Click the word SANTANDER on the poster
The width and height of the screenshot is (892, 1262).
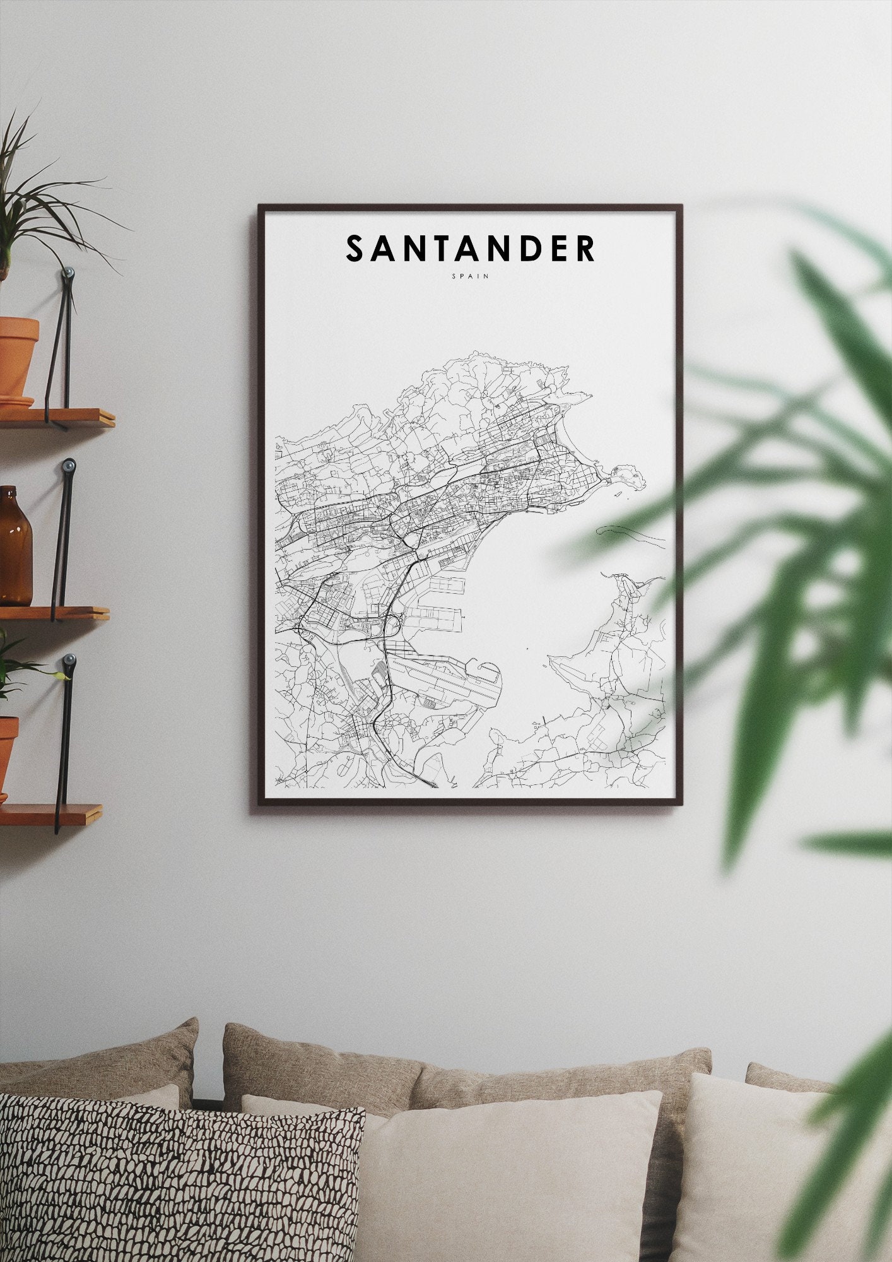pyautogui.click(x=470, y=249)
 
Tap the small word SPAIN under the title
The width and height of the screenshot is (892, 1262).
pyautogui.click(x=470, y=276)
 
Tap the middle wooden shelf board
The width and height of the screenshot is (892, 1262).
pyautogui.click(x=54, y=613)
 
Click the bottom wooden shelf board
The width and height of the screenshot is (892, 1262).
pyautogui.click(x=50, y=813)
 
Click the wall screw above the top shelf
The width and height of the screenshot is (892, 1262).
pyautogui.click(x=68, y=273)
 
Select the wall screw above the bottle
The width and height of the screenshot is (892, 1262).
pyautogui.click(x=69, y=466)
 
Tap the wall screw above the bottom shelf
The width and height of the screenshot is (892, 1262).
pyautogui.click(x=69, y=661)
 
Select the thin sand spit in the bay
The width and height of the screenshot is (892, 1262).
pyautogui.click(x=631, y=536)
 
